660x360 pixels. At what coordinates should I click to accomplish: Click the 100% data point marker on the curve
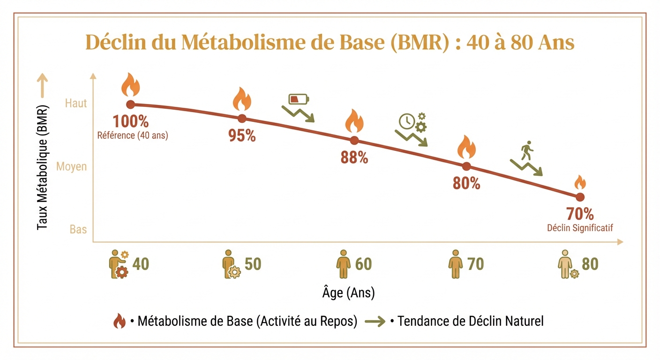pyautogui.click(x=130, y=105)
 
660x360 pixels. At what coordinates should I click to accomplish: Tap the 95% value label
pyautogui.click(x=242, y=135)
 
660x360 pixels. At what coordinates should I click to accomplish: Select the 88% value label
pyautogui.click(x=354, y=157)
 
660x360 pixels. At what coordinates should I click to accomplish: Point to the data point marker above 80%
pyautogui.click(x=466, y=166)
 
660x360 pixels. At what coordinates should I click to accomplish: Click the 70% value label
pyautogui.click(x=580, y=214)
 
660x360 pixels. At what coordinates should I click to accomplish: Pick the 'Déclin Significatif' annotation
pyautogui.click(x=580, y=228)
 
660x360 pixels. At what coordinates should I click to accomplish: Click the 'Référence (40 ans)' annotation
pyautogui.click(x=132, y=136)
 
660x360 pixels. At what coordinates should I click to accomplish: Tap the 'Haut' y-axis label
pyautogui.click(x=76, y=104)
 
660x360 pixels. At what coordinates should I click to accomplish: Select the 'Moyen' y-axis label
pyautogui.click(x=72, y=167)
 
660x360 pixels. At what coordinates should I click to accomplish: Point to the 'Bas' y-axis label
pyautogui.click(x=78, y=230)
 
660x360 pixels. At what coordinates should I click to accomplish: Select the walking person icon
pyautogui.click(x=527, y=149)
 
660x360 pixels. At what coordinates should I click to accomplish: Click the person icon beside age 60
pyautogui.click(x=344, y=264)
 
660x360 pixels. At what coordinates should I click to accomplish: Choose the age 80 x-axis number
pyautogui.click(x=590, y=264)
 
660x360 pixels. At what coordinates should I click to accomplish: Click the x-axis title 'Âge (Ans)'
pyautogui.click(x=348, y=293)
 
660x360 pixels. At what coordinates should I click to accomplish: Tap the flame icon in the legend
pyautogui.click(x=119, y=322)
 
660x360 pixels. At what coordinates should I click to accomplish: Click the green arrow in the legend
pyautogui.click(x=375, y=322)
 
